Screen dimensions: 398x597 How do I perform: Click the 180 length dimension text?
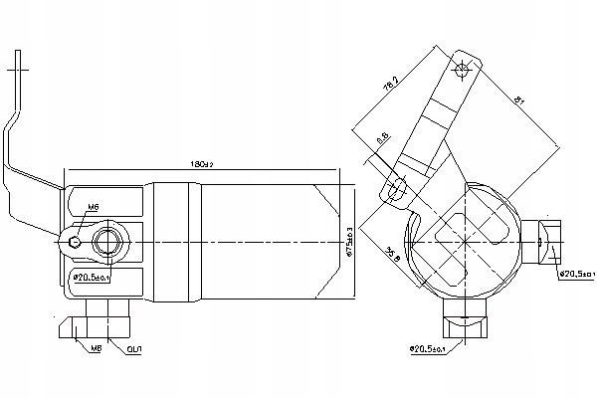click(203, 163)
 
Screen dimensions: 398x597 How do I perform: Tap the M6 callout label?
click(93, 207)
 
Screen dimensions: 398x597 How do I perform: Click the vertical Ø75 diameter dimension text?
click(349, 241)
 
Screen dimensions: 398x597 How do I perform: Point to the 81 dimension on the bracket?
click(520, 100)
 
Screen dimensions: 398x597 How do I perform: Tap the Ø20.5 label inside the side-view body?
click(91, 278)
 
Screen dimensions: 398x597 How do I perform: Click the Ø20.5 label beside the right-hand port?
click(575, 273)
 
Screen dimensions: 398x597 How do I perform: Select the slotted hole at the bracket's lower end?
click(398, 185)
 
